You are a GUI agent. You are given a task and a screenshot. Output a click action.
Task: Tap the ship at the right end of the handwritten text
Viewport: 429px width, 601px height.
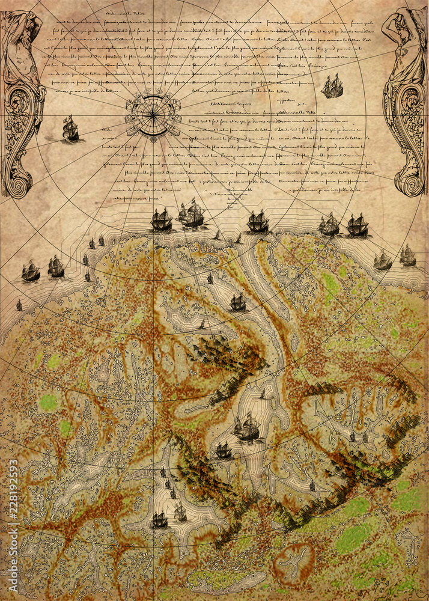click(x=332, y=87)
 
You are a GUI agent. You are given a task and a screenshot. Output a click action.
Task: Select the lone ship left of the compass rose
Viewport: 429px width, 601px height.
click(x=70, y=128)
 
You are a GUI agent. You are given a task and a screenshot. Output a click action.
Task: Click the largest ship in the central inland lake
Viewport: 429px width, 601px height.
click(x=247, y=427)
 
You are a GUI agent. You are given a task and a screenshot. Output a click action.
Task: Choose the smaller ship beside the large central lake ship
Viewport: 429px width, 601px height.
click(x=223, y=450)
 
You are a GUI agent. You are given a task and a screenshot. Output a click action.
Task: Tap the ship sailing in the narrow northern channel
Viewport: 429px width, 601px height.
click(x=238, y=302)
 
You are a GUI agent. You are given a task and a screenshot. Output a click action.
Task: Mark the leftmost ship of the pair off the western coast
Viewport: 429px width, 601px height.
click(x=31, y=271)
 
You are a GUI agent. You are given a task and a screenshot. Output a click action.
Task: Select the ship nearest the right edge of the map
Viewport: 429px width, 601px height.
click(x=408, y=256)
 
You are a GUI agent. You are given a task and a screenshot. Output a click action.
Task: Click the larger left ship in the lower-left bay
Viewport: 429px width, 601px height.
click(x=159, y=519)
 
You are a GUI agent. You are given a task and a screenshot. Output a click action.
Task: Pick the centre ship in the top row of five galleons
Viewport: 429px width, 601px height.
click(x=258, y=222)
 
